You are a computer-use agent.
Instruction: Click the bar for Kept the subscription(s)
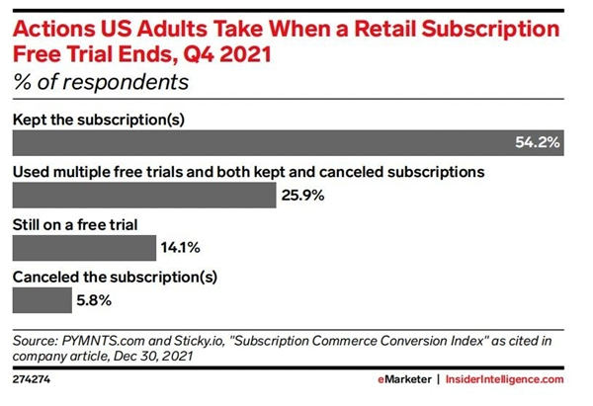click(x=287, y=143)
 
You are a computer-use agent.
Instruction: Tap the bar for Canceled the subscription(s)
click(x=41, y=296)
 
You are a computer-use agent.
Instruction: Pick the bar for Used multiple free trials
click(x=142, y=195)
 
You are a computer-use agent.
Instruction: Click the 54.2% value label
click(x=538, y=143)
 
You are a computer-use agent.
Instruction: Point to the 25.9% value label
click(x=302, y=196)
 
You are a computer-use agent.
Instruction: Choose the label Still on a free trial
click(x=76, y=223)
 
